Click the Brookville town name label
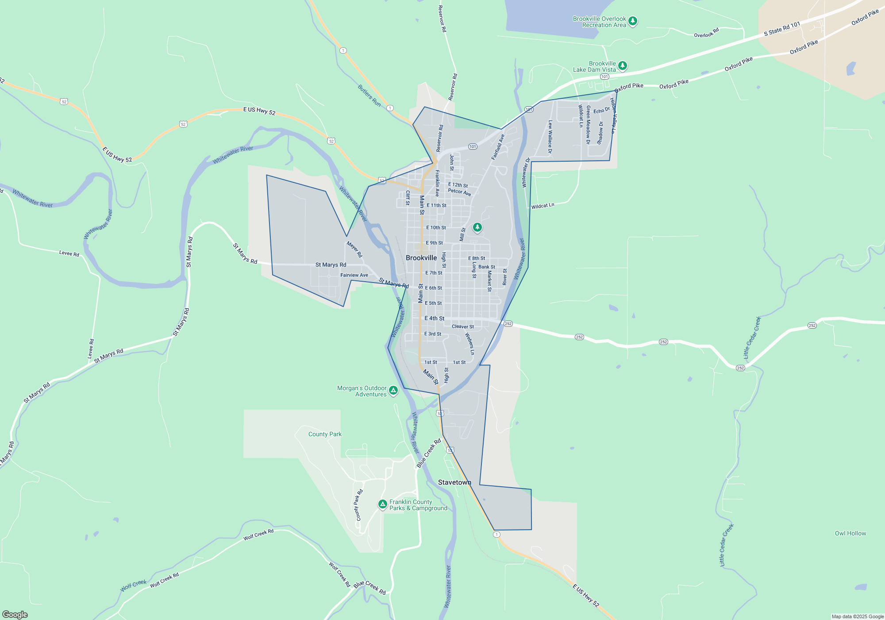coord(421,258)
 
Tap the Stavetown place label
coord(454,482)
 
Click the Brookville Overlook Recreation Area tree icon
coord(633,21)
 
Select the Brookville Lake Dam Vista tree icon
coord(622,66)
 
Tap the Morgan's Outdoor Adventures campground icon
coord(393,391)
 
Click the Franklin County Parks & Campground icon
coord(383,504)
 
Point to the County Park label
coord(325,434)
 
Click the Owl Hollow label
coord(850,533)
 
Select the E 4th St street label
coord(435,318)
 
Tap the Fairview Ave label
coord(354,275)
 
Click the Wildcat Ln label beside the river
coord(543,206)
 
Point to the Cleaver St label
coord(463,326)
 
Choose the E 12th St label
coord(458,185)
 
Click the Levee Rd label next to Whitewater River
coord(69,253)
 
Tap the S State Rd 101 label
coord(782,29)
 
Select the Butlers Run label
coord(369,96)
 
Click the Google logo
coord(15,615)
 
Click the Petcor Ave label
coord(459,192)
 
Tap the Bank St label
coord(487,267)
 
